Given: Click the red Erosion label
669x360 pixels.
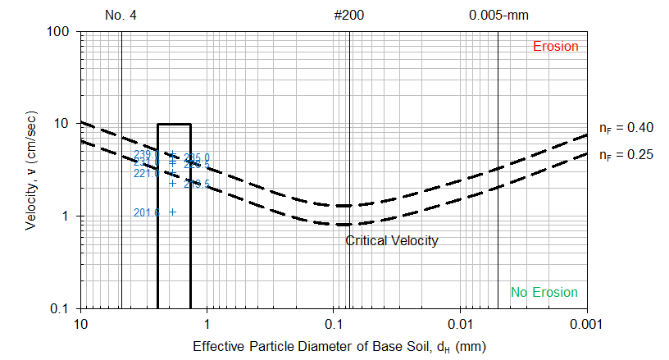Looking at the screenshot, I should click(x=555, y=46).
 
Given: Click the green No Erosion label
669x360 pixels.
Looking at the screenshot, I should click(x=544, y=293).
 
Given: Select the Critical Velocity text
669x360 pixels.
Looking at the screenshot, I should click(x=391, y=240).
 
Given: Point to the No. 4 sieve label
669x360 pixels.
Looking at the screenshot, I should click(x=121, y=15).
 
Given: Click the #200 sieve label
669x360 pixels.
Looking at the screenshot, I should click(x=349, y=15).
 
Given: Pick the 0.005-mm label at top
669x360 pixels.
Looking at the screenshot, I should click(x=497, y=15).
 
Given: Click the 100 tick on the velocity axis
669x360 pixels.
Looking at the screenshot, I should click(x=63, y=32).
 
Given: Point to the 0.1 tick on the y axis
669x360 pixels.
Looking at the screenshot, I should click(x=66, y=308).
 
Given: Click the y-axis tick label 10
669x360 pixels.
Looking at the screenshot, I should click(x=66, y=124).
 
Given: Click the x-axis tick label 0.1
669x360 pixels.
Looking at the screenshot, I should click(x=334, y=323).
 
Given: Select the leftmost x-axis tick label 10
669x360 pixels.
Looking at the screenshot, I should click(x=80, y=323).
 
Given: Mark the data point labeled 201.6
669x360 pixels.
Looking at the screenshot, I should click(x=172, y=212).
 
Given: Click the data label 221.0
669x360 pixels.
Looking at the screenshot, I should click(x=146, y=174).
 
